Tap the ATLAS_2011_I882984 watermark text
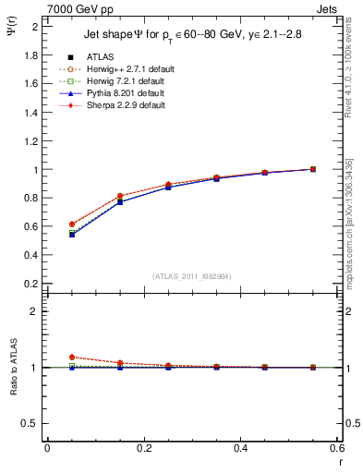click(x=191, y=276)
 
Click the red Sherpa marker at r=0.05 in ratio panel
click(x=72, y=357)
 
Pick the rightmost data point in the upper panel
click(x=313, y=169)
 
